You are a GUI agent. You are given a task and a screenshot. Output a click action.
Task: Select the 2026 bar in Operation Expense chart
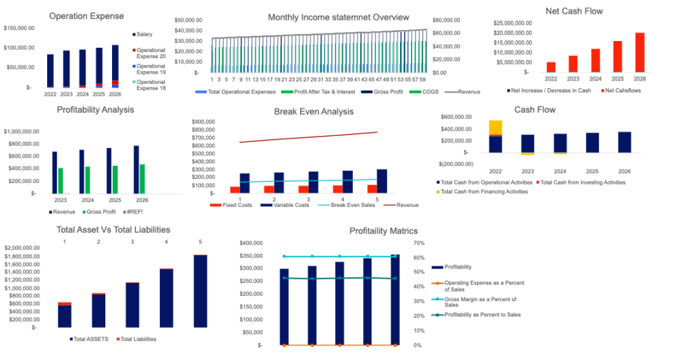(x=115, y=65)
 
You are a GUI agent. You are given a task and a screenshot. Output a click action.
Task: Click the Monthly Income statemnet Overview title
(x=338, y=17)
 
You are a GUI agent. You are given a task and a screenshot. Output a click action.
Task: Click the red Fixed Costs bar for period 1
(x=235, y=189)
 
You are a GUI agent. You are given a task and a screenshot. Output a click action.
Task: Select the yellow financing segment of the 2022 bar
(x=495, y=127)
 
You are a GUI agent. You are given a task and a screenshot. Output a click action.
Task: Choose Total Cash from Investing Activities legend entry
(x=582, y=182)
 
